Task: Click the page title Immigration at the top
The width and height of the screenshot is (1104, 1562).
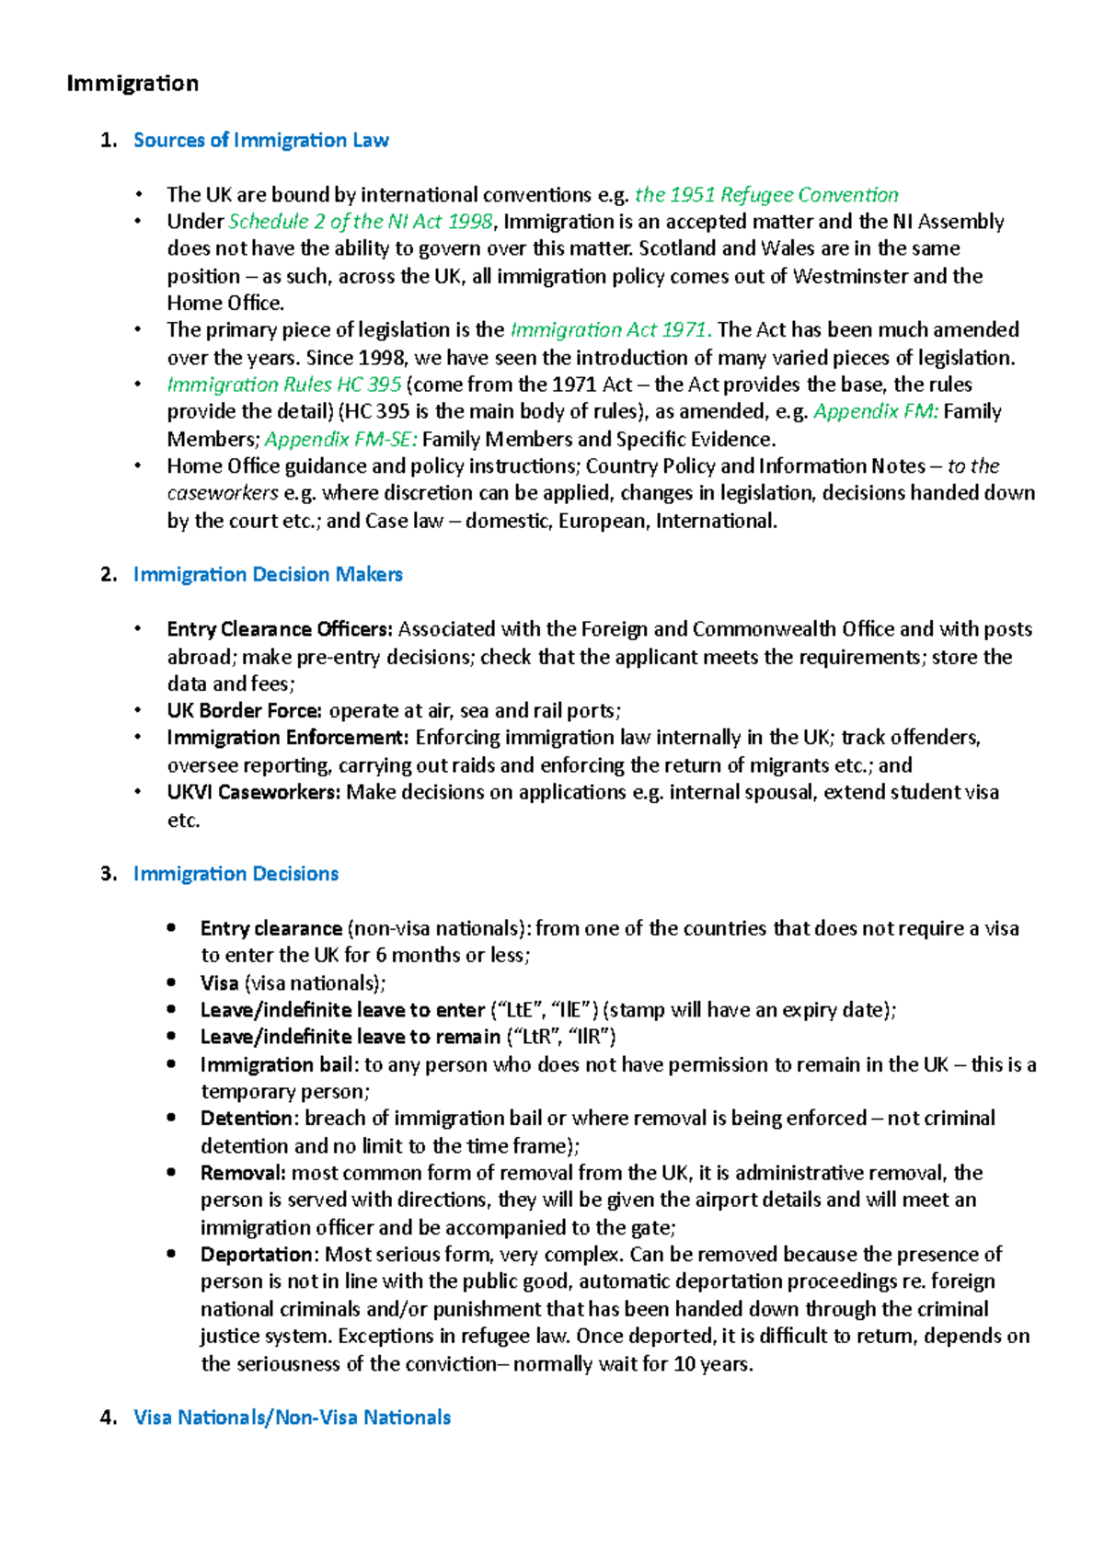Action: tap(132, 84)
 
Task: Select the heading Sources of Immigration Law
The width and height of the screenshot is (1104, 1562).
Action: tap(260, 141)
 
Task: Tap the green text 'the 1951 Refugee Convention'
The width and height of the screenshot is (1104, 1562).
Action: tap(766, 195)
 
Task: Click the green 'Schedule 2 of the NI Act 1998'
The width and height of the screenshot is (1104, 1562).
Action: tap(361, 222)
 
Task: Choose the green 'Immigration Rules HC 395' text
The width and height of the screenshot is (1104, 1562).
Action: tap(283, 385)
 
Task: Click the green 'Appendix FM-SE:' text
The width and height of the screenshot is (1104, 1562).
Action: tap(341, 439)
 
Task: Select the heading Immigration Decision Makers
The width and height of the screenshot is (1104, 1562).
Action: tap(268, 575)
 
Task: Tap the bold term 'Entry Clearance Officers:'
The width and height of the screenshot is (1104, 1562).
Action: tap(280, 629)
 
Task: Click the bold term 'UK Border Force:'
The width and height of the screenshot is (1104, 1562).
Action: tap(244, 711)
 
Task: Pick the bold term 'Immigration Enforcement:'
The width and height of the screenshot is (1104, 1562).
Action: tap(288, 738)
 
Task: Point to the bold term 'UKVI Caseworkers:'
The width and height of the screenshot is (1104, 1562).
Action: tap(254, 792)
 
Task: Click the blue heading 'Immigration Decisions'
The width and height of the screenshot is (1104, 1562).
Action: tap(236, 874)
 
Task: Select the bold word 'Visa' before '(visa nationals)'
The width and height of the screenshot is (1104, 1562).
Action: tap(219, 983)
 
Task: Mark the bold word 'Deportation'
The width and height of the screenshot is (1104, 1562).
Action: tap(257, 1255)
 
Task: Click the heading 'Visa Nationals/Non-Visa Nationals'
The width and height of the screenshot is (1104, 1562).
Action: tap(292, 1418)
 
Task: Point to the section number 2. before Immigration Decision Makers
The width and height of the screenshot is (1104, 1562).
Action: tap(109, 575)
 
